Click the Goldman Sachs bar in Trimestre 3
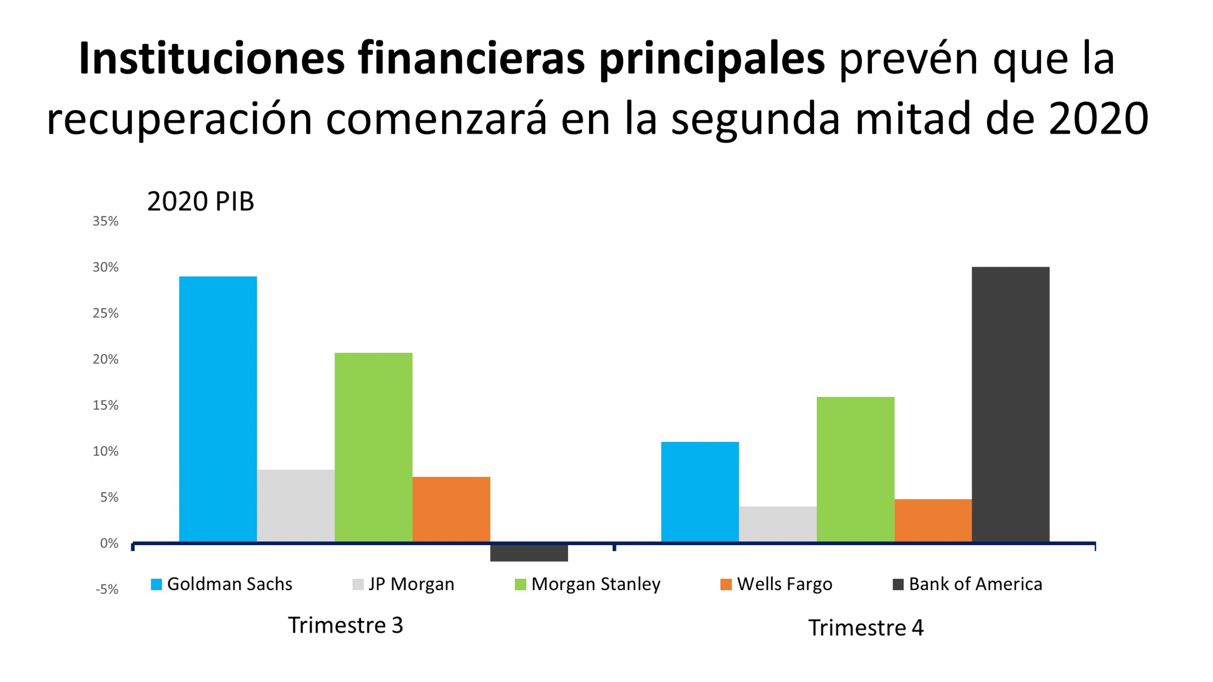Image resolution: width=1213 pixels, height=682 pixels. click(218, 409)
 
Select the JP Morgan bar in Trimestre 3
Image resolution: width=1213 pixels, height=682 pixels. click(296, 506)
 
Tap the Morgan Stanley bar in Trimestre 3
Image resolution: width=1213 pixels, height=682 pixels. click(373, 447)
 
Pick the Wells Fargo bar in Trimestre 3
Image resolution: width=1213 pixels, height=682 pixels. click(451, 509)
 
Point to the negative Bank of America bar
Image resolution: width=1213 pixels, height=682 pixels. click(529, 553)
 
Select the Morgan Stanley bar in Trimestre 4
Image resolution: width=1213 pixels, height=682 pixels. click(855, 469)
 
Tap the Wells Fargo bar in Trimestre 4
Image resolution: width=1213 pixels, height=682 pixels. click(933, 520)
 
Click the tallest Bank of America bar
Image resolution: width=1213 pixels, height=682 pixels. click(1011, 404)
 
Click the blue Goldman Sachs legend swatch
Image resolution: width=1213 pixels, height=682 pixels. click(156, 584)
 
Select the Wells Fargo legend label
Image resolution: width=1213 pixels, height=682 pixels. click(784, 584)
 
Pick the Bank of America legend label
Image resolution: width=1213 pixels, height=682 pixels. click(975, 584)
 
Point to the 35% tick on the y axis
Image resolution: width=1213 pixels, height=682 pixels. click(105, 221)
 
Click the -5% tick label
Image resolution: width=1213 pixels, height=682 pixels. click(107, 590)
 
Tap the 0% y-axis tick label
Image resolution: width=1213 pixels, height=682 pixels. click(109, 544)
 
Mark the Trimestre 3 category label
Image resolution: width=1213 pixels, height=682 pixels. click(345, 625)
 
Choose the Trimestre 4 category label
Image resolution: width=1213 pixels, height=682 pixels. click(865, 628)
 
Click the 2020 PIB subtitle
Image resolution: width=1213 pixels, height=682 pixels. click(200, 201)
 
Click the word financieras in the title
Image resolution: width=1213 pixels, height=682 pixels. click(472, 59)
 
